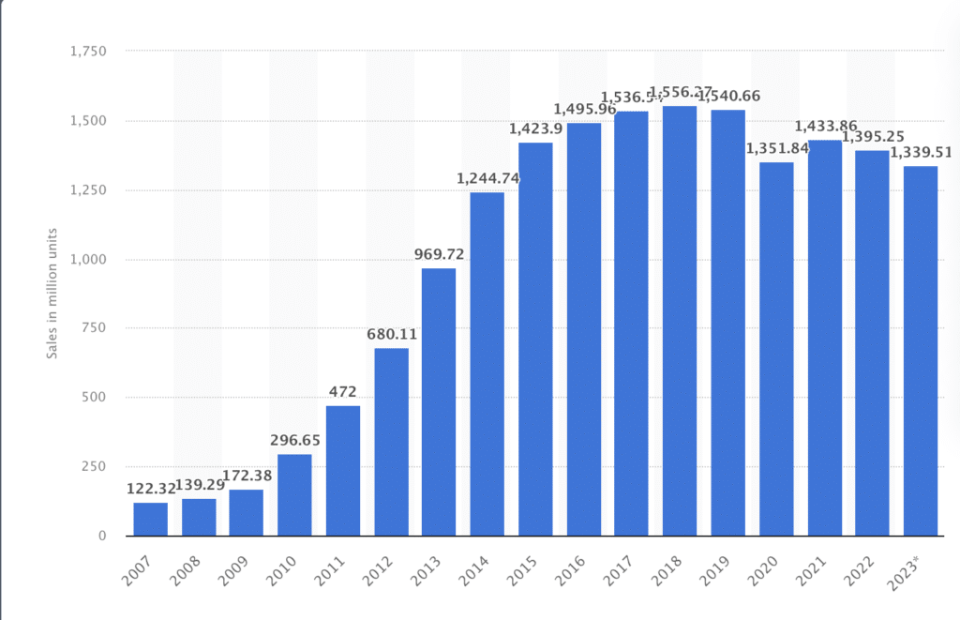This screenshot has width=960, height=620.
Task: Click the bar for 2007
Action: point(150,519)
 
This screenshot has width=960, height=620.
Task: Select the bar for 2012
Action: point(391,442)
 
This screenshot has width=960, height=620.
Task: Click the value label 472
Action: point(343,392)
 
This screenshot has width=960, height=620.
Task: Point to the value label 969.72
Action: point(439,254)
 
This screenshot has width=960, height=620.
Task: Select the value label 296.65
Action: point(294,440)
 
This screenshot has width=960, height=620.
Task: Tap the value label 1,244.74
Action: point(487,178)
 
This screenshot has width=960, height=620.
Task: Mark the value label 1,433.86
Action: point(824,126)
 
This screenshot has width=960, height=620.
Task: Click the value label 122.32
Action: point(150,488)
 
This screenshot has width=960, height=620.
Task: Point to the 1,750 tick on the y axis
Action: point(89,51)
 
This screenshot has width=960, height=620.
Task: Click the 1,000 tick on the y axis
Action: point(89,259)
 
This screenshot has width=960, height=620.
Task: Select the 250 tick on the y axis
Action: point(95,466)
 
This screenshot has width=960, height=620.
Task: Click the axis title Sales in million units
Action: point(53,294)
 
